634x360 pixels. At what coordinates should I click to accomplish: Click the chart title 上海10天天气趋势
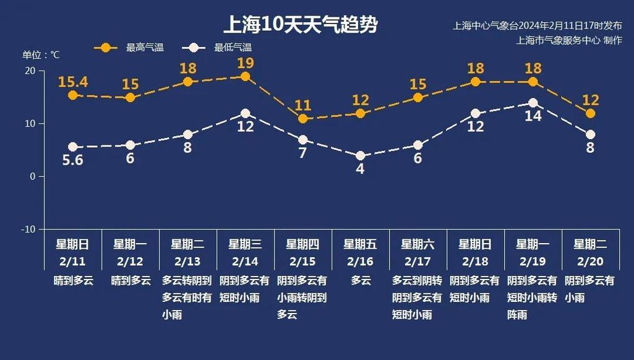pyautogui.click(x=301, y=25)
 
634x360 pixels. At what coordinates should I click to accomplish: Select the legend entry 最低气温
pyautogui.click(x=232, y=48)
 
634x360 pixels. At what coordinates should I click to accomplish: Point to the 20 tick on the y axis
pyautogui.click(x=30, y=71)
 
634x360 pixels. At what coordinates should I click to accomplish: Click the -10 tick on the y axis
pyautogui.click(x=28, y=229)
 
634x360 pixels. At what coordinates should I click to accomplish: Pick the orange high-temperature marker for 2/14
pyautogui.click(x=245, y=77)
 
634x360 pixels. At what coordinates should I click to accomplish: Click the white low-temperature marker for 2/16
pyautogui.click(x=360, y=156)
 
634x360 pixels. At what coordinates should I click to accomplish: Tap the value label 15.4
pyautogui.click(x=72, y=81)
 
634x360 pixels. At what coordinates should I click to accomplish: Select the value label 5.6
pyautogui.click(x=72, y=161)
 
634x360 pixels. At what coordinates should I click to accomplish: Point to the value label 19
pyautogui.click(x=245, y=62)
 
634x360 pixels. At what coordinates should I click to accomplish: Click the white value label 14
pyautogui.click(x=533, y=116)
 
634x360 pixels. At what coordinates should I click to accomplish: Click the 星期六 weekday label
pyautogui.click(x=418, y=244)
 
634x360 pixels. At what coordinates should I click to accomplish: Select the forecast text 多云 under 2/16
pyautogui.click(x=361, y=280)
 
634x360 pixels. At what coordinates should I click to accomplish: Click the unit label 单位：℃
pyautogui.click(x=41, y=54)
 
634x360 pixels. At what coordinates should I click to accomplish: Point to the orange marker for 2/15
pyautogui.click(x=302, y=119)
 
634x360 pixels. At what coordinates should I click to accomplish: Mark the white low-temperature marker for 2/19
pyautogui.click(x=533, y=103)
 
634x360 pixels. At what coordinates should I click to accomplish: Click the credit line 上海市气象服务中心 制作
pyautogui.click(x=569, y=40)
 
